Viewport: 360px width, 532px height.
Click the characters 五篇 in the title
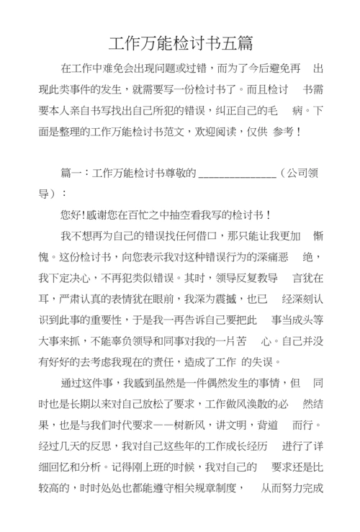[237, 42]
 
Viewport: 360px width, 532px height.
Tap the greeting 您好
[73, 215]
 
